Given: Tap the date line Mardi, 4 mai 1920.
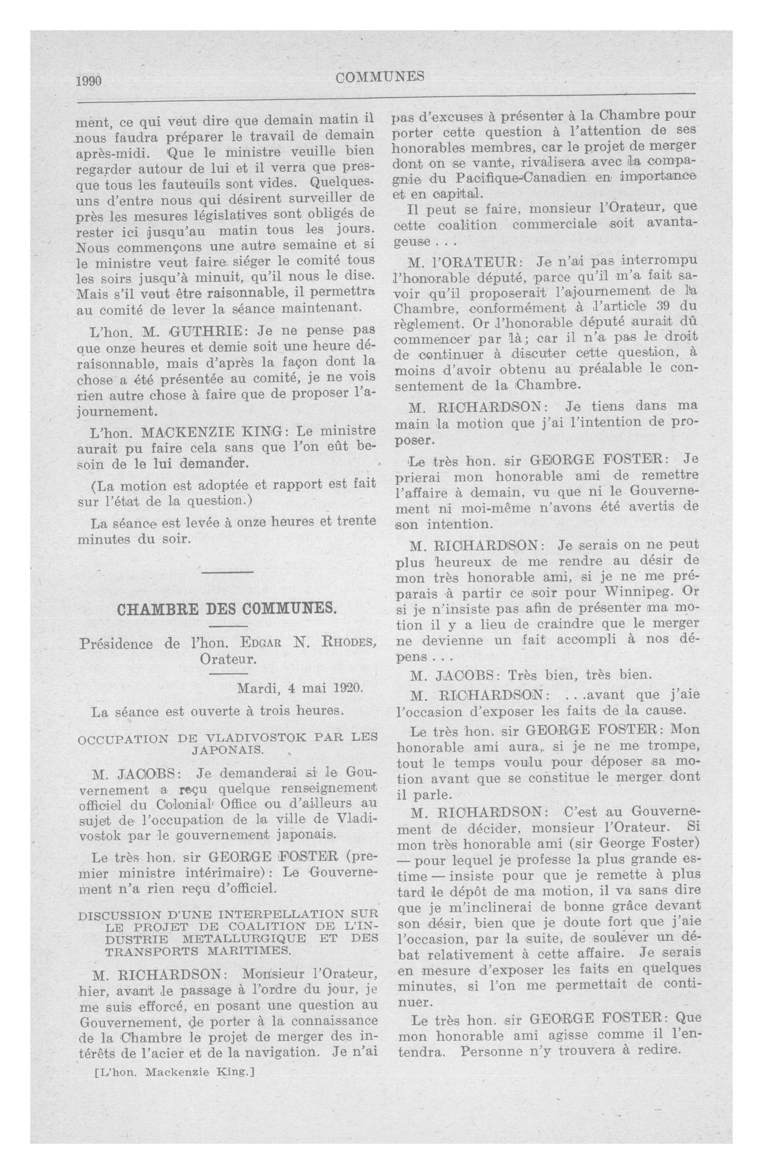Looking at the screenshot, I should [300, 687].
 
